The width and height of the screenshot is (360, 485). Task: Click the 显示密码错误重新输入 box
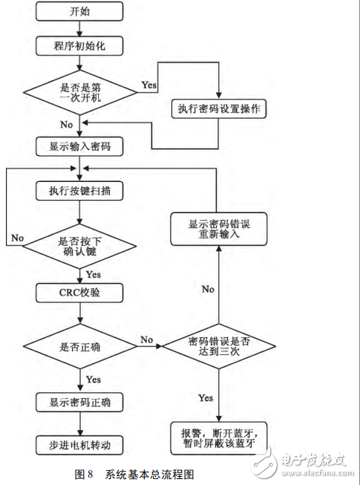[218, 230]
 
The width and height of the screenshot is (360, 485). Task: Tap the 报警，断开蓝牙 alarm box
[218, 438]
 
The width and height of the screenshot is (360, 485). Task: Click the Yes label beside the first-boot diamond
[148, 85]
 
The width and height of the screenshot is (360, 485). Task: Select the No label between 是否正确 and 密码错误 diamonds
[146, 339]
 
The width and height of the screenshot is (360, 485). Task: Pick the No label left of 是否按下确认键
[19, 238]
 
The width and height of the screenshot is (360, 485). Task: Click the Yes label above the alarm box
[206, 398]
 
